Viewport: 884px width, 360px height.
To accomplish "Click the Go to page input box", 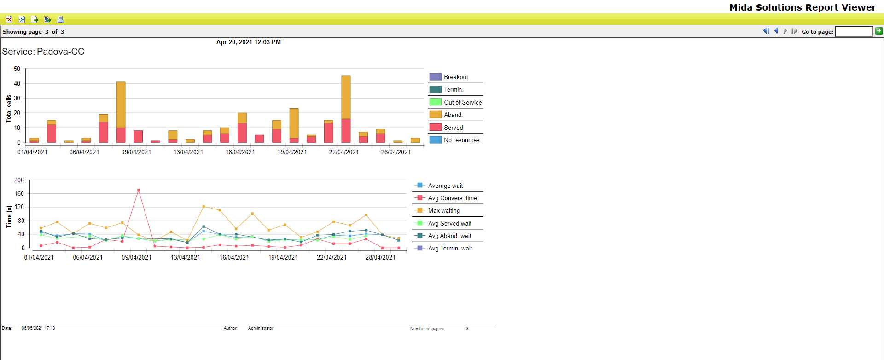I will (x=854, y=31).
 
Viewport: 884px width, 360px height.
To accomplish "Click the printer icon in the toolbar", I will (x=60, y=19).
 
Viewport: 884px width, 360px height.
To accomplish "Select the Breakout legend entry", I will (x=455, y=77).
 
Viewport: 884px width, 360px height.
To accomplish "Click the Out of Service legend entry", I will (x=462, y=102).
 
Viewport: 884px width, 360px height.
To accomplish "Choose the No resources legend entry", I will (x=461, y=140).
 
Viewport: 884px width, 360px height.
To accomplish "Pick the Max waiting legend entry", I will (x=443, y=210).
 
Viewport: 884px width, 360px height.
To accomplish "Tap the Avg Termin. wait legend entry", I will (x=449, y=248).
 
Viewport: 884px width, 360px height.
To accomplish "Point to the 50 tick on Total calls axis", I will (x=17, y=69).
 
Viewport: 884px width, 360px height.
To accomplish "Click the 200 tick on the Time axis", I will (x=19, y=180).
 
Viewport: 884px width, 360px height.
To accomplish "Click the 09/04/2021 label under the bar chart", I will (x=136, y=152).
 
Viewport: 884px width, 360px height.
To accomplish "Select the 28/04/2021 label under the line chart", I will (x=380, y=257).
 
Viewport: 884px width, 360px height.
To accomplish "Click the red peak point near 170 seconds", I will (x=139, y=190).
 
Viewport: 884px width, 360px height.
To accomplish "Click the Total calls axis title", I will (x=8, y=109).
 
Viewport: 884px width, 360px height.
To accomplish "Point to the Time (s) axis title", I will (x=8, y=216).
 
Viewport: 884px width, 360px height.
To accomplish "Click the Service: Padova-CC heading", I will (x=43, y=52).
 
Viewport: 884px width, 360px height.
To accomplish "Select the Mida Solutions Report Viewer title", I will (x=803, y=7).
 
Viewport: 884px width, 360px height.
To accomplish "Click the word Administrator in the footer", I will (x=261, y=328).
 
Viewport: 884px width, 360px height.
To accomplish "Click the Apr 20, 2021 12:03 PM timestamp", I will (x=249, y=42).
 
